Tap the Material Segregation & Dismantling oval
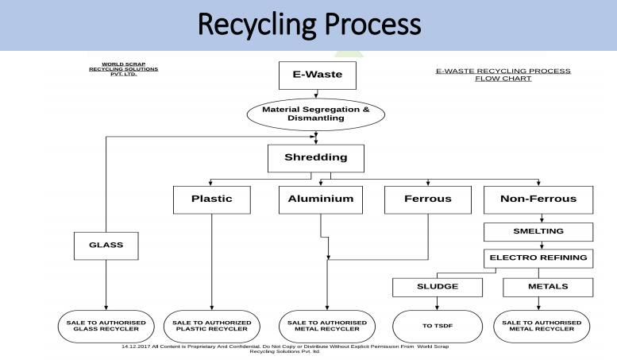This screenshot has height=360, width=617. tap(316, 114)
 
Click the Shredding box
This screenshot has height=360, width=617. tap(316, 157)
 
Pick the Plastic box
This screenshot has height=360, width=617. tap(211, 199)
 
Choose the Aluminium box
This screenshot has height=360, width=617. tap(316, 199)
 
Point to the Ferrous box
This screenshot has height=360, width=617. tap(429, 199)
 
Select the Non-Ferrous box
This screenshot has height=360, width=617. tap(538, 199)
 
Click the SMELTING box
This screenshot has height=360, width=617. tap(538, 231)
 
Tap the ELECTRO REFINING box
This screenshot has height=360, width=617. tap(538, 257)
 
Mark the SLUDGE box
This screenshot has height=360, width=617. tap(438, 286)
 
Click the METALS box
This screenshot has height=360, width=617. tap(547, 286)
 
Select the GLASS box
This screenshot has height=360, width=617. tap(106, 245)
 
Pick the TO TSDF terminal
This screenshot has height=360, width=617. tap(438, 327)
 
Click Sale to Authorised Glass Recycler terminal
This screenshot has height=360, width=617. tap(106, 327)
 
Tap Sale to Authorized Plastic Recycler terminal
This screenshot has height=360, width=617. tap(211, 327)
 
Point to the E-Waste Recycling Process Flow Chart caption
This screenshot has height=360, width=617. tap(503, 75)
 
